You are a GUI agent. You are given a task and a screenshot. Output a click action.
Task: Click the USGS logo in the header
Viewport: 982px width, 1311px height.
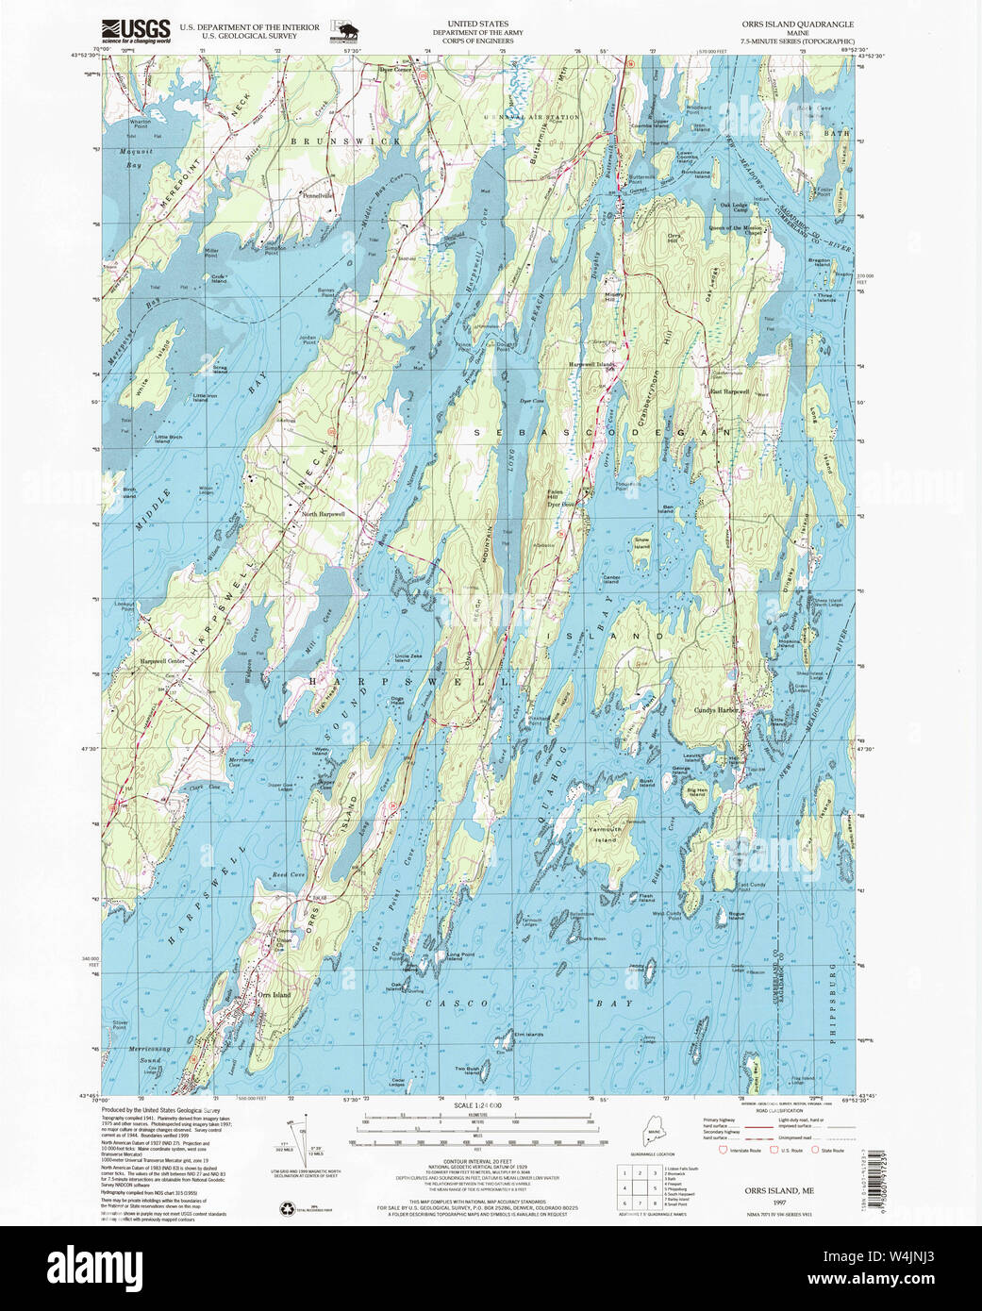[136, 29]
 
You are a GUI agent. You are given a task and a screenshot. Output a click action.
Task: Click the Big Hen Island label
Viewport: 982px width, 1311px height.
[697, 790]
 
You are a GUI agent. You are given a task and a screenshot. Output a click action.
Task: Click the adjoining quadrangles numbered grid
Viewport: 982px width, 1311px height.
[636, 1187]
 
